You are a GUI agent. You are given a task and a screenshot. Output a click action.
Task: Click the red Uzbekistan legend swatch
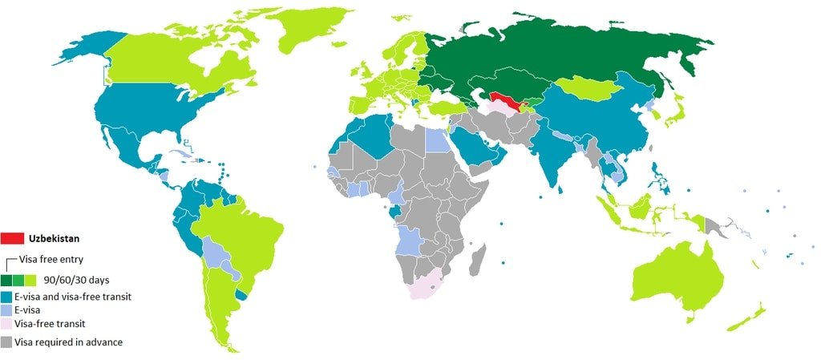point(13,238)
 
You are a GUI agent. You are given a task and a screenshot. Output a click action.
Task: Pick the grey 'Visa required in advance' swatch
point(6,342)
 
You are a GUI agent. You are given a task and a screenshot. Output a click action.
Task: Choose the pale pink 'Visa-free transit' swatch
point(6,325)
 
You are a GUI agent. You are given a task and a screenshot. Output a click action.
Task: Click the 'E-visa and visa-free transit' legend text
point(72,296)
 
